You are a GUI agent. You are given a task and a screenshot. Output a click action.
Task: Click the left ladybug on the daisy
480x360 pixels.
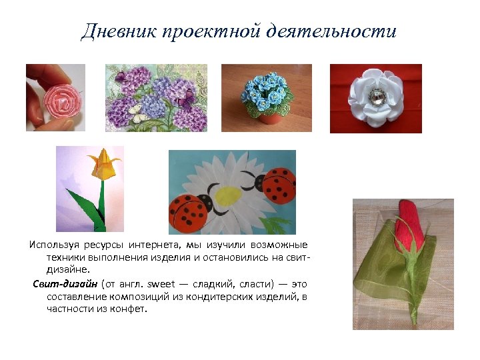[x=191, y=212]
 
